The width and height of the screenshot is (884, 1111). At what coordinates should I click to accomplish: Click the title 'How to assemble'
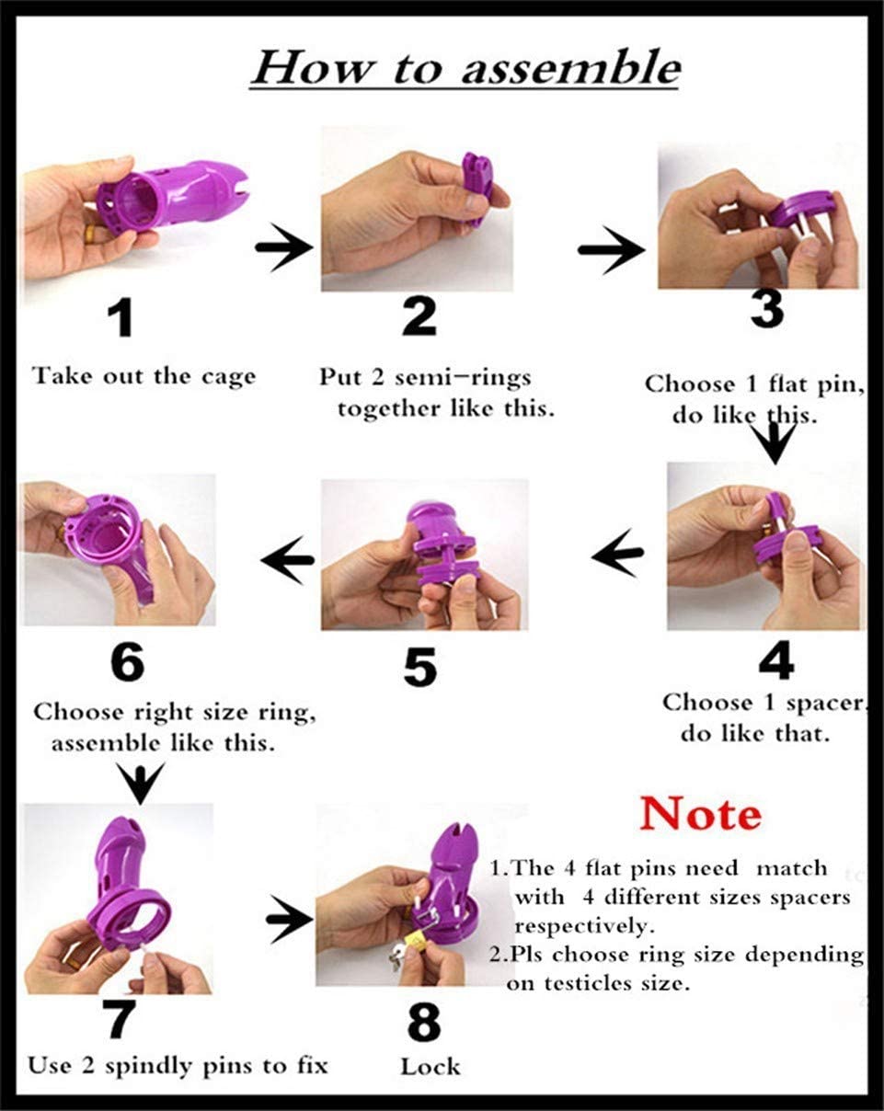[x=465, y=70]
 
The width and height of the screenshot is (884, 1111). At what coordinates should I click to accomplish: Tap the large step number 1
[x=121, y=321]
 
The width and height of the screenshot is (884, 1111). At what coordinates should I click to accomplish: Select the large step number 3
[x=765, y=311]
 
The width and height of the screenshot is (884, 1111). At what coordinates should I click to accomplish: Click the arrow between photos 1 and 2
[x=284, y=249]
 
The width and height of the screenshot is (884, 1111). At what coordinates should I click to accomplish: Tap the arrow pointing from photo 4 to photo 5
[x=617, y=553]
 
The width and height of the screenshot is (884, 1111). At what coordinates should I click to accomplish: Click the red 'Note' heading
[x=701, y=814]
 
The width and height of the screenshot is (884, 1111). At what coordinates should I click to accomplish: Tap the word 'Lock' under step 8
[x=430, y=1067]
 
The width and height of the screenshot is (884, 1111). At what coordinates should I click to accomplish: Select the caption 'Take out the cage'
[x=144, y=376]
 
